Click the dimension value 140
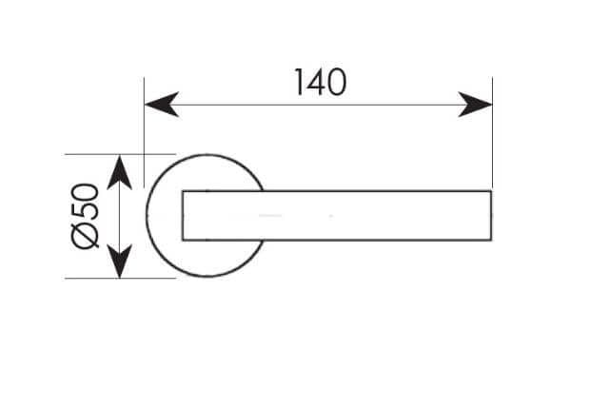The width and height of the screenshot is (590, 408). point(320,82)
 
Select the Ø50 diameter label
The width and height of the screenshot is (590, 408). point(85,216)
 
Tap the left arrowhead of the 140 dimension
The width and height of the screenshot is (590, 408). point(162,105)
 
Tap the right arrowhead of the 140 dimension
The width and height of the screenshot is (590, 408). point(475,105)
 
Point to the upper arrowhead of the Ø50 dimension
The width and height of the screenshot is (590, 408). point(119,172)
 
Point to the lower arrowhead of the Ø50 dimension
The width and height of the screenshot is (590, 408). point(119,261)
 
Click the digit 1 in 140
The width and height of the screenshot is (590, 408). point(299,82)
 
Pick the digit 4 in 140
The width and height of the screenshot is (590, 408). point(315,82)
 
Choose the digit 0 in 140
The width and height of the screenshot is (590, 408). point(336,83)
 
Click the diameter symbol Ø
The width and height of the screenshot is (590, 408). point(85,236)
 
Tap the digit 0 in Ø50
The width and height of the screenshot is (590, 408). point(85,192)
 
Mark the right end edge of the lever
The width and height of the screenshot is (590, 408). point(491,216)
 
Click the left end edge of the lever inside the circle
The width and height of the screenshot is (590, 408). point(183,216)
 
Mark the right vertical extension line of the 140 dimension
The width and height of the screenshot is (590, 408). point(492,132)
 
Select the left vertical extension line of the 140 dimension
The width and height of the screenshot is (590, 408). point(144,132)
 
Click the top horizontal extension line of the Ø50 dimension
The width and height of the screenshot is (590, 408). point(121,154)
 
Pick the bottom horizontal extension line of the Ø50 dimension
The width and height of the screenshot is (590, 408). point(121,279)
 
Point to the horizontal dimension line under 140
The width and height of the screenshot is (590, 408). point(319,105)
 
